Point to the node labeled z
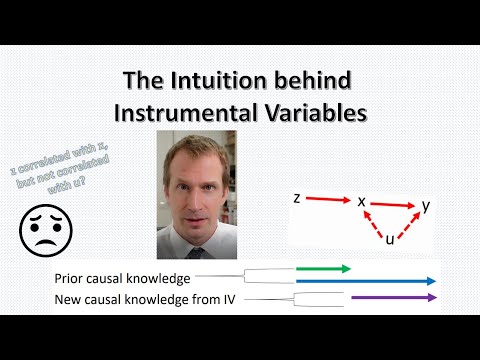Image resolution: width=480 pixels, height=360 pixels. [x=297, y=198]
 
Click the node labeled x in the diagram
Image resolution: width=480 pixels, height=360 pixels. [x=362, y=201]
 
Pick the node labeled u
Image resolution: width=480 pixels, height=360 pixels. [x=389, y=240]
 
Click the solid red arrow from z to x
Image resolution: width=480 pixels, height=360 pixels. [x=328, y=200]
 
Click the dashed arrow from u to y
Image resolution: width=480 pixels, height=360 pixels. [x=407, y=224]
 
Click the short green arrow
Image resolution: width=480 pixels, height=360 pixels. [x=324, y=269]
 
